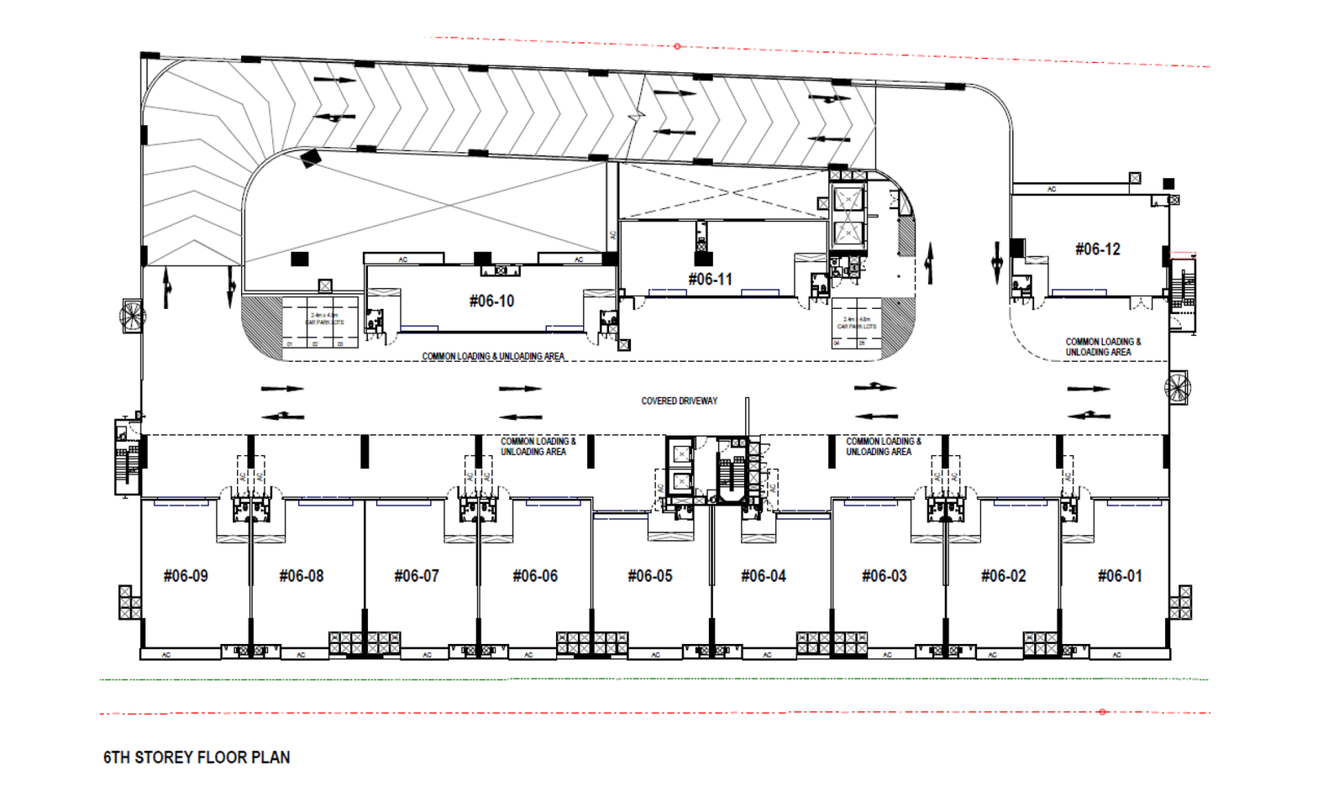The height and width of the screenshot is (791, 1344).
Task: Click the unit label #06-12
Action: click(x=1097, y=249)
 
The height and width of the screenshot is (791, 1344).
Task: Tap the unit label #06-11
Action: click(x=710, y=279)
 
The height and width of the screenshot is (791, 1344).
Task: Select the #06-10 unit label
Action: click(x=491, y=301)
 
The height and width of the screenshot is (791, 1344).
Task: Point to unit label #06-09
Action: click(x=186, y=576)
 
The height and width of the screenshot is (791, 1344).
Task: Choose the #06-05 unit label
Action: click(x=650, y=576)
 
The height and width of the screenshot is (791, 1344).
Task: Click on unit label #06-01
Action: click(x=1120, y=576)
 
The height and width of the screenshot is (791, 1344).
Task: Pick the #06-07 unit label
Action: click(x=417, y=576)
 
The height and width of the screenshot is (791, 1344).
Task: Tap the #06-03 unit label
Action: click(x=885, y=576)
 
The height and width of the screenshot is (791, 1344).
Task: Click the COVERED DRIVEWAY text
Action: click(x=680, y=401)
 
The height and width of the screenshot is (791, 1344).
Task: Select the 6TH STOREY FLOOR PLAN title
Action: click(x=197, y=757)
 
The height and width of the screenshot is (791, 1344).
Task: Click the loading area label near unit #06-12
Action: click(x=1103, y=347)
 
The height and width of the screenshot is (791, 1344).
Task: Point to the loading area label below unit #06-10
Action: click(x=493, y=356)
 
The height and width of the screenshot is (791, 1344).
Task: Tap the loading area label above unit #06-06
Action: click(x=538, y=446)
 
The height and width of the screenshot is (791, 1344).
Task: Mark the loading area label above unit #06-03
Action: click(x=883, y=446)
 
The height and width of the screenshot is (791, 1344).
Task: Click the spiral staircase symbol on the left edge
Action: click(x=132, y=316)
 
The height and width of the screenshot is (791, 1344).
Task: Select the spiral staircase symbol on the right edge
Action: click(x=1178, y=387)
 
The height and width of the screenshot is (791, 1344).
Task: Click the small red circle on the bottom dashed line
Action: click(x=1102, y=712)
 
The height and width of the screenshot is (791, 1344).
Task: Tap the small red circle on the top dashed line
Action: click(x=677, y=46)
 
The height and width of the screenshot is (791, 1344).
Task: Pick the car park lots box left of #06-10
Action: click(x=320, y=322)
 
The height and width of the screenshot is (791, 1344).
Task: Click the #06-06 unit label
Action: click(x=535, y=576)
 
